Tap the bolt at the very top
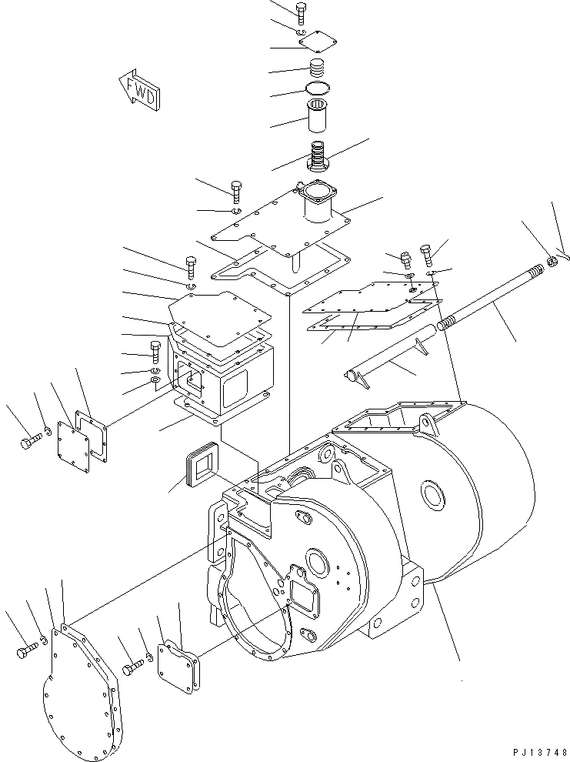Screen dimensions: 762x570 click(x=300, y=12)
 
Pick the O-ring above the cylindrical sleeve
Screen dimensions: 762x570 click(x=318, y=87)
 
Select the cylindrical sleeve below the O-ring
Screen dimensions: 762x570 click(x=318, y=116)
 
